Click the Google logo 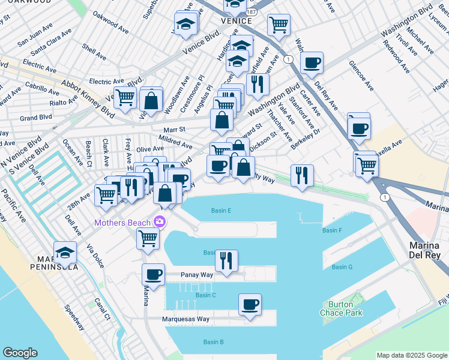pos(20,353)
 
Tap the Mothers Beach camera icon pos(159,222)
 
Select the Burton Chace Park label pos(341,308)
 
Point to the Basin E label pos(221,211)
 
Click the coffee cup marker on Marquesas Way pos(250,305)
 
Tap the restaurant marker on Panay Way pos(226,261)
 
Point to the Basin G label pos(342,266)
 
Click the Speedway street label pos(75,317)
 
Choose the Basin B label pos(213,342)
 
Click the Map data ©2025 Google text pos(412,355)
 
